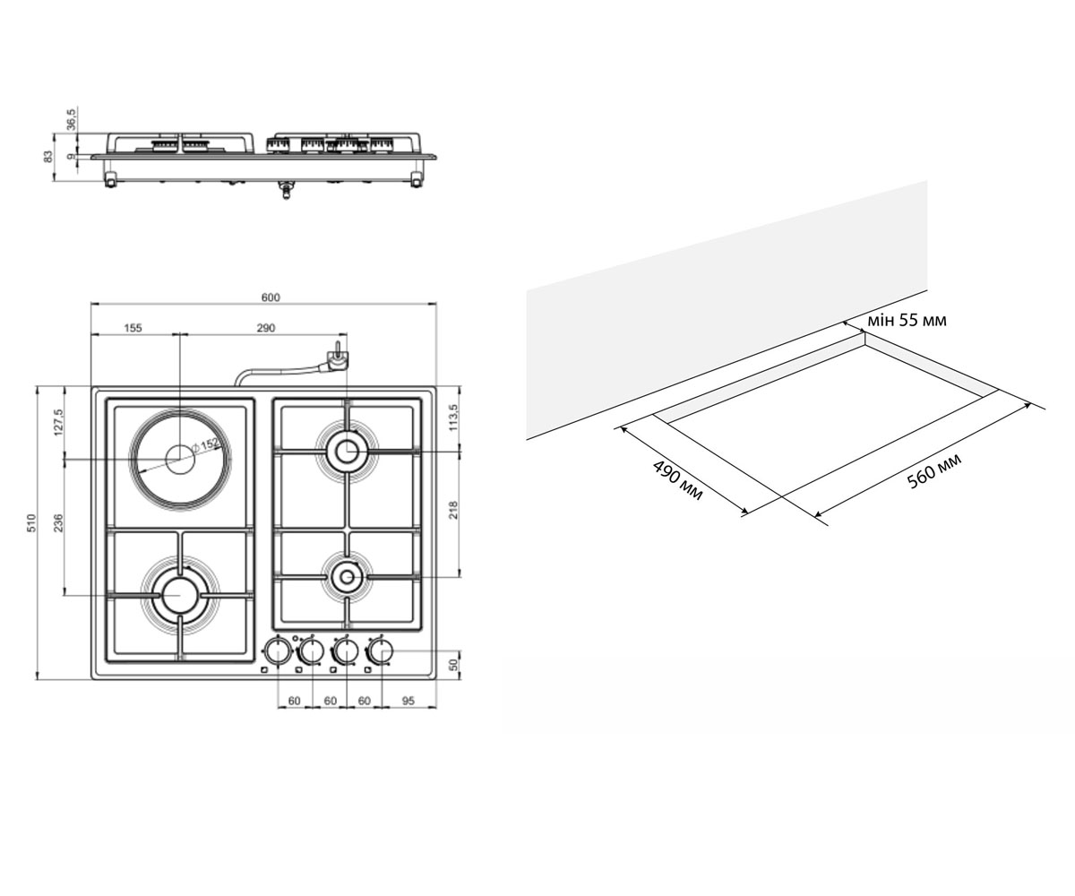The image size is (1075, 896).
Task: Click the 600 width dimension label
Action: click(x=271, y=297)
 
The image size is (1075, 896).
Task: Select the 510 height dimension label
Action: click(x=32, y=522)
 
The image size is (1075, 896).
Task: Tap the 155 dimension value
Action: click(x=133, y=328)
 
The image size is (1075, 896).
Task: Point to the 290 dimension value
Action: click(x=266, y=328)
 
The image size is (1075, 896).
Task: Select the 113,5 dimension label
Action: click(x=453, y=418)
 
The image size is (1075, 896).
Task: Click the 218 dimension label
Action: click(x=453, y=510)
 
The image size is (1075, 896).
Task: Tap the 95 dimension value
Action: click(x=408, y=701)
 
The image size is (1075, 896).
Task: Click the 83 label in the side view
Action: click(x=47, y=156)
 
